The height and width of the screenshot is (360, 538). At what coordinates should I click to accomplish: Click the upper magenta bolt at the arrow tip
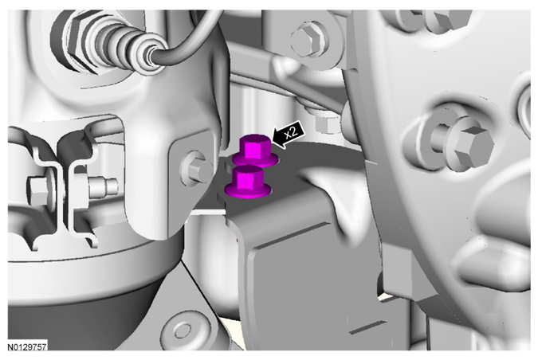pos(255,151)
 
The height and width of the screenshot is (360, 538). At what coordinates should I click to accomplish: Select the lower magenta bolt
pos(247,182)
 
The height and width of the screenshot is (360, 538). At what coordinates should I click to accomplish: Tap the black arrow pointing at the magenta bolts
pos(288,135)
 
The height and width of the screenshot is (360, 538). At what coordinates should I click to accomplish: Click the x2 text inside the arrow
pos(291,131)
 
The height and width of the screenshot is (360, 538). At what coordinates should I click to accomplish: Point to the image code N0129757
pos(27,347)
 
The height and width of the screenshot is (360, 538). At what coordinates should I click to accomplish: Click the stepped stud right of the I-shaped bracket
pos(103,187)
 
